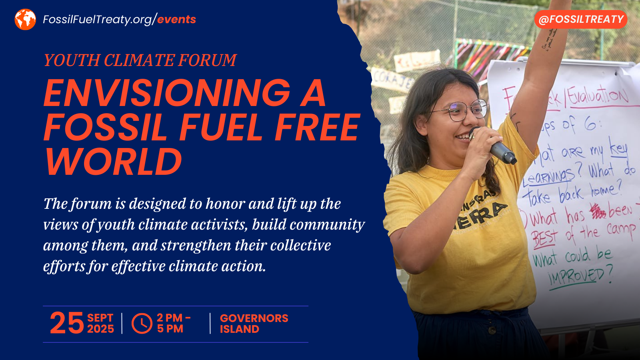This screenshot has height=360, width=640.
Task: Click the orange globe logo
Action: tap(25, 19)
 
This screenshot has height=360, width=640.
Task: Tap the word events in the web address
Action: tap(176, 19)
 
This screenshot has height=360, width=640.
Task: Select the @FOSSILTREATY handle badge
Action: tap(581, 19)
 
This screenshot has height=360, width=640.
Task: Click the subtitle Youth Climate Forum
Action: tap(140, 60)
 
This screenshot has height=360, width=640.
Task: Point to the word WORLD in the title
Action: tap(114, 162)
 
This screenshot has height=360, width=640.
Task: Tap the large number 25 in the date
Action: tap(66, 323)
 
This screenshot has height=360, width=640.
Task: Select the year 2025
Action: tap(100, 329)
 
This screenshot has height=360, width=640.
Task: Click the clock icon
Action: tap(142, 323)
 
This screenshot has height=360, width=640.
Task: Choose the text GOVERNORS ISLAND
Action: tap(254, 324)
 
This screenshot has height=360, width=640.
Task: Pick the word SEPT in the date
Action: tap(100, 318)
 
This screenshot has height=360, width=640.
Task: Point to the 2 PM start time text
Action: tap(170, 318)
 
